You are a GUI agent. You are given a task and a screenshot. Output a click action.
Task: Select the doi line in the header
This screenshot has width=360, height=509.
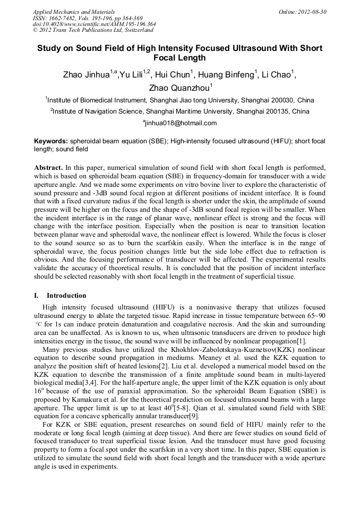tap(94, 24)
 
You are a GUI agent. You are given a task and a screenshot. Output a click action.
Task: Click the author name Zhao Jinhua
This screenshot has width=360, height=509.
tap(86, 75)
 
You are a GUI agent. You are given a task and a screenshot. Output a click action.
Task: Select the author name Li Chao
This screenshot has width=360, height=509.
tap(278, 75)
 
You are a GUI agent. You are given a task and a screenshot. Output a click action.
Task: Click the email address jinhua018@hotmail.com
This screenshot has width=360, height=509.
tap(181, 123)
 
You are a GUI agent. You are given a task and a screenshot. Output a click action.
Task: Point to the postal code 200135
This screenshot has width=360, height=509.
tap(279, 111)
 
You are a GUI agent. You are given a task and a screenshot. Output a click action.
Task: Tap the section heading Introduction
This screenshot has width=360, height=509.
tap(66, 295)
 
